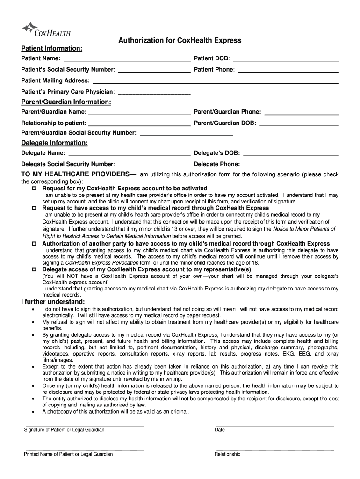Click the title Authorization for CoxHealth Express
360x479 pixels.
click(x=180, y=41)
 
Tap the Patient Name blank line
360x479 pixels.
click(x=127, y=58)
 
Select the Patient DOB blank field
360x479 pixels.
click(x=285, y=58)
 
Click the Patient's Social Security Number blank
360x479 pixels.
click(x=154, y=70)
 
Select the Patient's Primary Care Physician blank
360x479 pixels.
click(x=156, y=92)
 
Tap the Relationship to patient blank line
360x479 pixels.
click(x=139, y=123)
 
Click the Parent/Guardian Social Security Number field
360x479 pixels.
click(x=186, y=133)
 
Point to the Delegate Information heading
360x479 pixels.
click(x=54, y=143)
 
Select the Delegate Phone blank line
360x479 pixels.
click(x=291, y=164)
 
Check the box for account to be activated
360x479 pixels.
click(x=34, y=188)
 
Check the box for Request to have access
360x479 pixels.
click(x=34, y=208)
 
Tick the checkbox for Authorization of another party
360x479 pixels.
click(x=34, y=244)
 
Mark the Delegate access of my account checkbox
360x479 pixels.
click(x=34, y=269)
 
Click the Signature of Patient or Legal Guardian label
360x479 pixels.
click(x=64, y=430)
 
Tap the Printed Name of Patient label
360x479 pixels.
click(x=68, y=454)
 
